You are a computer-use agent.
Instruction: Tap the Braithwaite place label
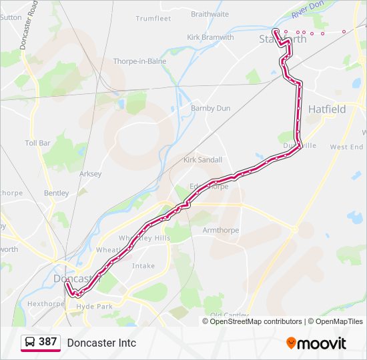(x=210, y=13)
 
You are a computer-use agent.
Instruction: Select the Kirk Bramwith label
(x=210, y=37)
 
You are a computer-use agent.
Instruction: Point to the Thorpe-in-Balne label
(x=139, y=61)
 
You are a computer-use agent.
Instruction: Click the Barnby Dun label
(x=210, y=108)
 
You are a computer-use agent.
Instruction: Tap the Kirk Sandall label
(x=203, y=160)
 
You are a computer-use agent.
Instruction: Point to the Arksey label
(x=90, y=174)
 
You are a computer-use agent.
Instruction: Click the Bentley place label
(x=56, y=193)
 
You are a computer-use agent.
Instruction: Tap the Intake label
(x=143, y=265)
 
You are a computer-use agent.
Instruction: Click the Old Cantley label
(x=225, y=315)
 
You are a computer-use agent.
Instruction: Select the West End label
(x=346, y=147)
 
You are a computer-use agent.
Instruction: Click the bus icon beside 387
(x=30, y=343)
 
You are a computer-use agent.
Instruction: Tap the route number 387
(x=47, y=342)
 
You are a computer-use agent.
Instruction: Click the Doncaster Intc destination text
(x=101, y=343)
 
